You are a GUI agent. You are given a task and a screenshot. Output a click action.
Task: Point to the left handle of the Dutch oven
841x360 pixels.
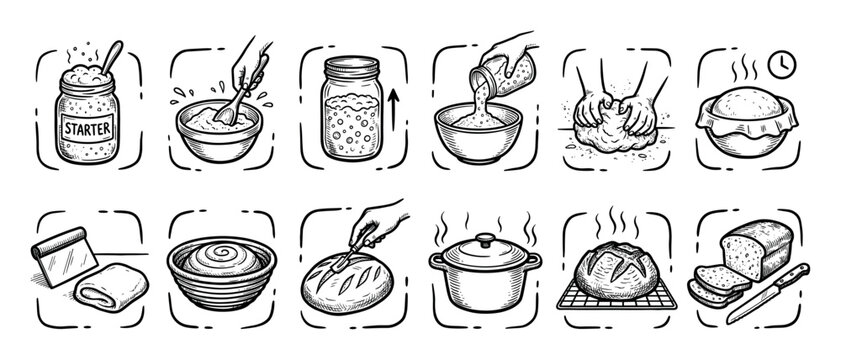[437, 261]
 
